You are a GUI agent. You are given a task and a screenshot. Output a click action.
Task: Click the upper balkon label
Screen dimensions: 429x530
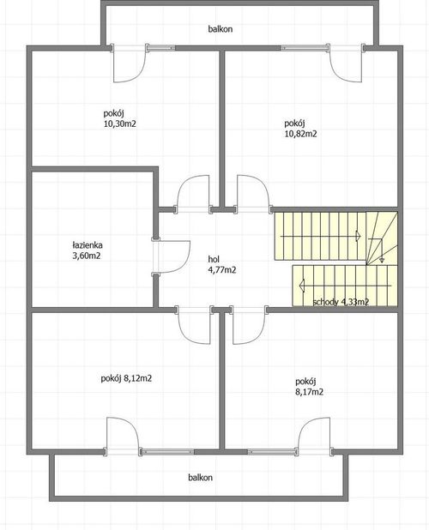(221, 29)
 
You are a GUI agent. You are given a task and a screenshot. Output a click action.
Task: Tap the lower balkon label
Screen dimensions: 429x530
(201, 478)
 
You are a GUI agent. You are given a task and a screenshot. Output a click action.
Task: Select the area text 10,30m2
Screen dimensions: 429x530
(120, 124)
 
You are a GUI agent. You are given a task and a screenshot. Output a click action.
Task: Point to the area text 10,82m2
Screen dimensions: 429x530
(300, 134)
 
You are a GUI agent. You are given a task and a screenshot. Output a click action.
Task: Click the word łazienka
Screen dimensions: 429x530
(88, 244)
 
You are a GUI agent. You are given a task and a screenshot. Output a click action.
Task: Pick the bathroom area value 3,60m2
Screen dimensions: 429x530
(87, 256)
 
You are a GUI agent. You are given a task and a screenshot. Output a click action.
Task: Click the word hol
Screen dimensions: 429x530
(214, 259)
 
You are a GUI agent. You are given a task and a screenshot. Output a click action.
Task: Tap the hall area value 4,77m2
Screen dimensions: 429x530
(222, 270)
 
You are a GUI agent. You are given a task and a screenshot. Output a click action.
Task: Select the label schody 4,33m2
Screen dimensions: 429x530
(341, 302)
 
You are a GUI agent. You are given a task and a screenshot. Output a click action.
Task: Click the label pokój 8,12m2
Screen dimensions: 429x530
(126, 378)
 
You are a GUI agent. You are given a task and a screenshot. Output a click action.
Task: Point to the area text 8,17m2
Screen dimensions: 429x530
(310, 392)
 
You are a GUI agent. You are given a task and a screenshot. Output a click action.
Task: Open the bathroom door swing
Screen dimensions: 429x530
(171, 256)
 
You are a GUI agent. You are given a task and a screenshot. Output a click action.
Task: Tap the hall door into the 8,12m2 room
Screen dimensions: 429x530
(194, 324)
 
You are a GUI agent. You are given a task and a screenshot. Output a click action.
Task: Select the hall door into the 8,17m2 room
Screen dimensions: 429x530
(249, 324)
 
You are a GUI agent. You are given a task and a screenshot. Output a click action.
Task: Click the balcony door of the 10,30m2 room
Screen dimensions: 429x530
(130, 63)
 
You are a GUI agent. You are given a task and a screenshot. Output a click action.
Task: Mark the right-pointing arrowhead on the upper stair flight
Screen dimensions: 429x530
(358, 236)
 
